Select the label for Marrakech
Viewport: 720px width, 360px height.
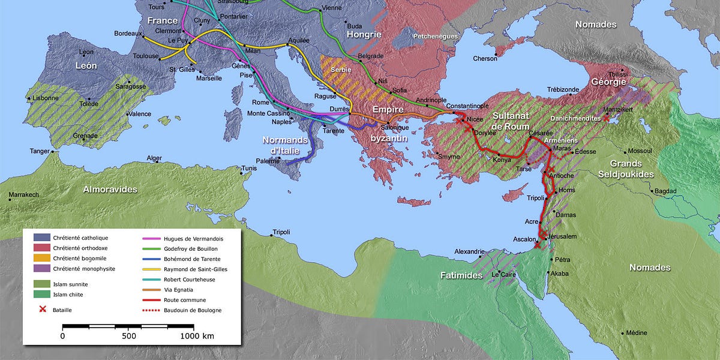(x=23, y=195)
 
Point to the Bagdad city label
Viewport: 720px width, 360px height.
(x=665, y=191)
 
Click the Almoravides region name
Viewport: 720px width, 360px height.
(x=110, y=189)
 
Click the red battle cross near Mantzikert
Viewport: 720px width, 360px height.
(x=606, y=119)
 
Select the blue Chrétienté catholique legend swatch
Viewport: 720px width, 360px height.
(x=43, y=238)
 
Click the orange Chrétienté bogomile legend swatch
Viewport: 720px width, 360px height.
(x=43, y=259)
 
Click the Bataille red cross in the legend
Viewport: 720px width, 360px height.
(x=43, y=308)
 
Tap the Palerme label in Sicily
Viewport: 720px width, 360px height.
(x=268, y=161)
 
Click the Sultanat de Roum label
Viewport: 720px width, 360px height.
(x=511, y=121)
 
